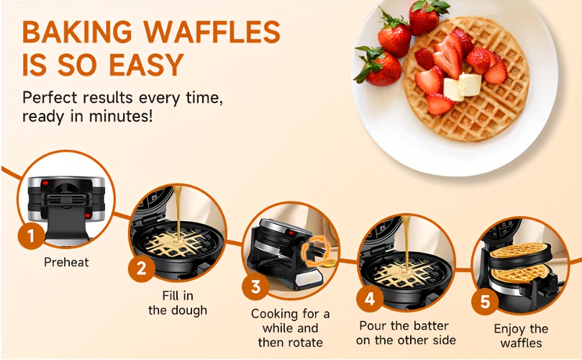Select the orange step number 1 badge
tap(31, 235)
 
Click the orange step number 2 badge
tap(142, 269)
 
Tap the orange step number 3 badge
tap(255, 287)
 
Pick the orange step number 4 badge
tap(370, 299)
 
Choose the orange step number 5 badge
tap(485, 301)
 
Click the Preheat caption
tap(66, 262)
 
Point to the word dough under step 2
tap(188, 310)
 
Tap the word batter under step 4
tap(429, 326)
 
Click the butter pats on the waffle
tap(462, 86)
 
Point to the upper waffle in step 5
tap(519, 250)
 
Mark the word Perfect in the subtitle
tap(50, 98)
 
